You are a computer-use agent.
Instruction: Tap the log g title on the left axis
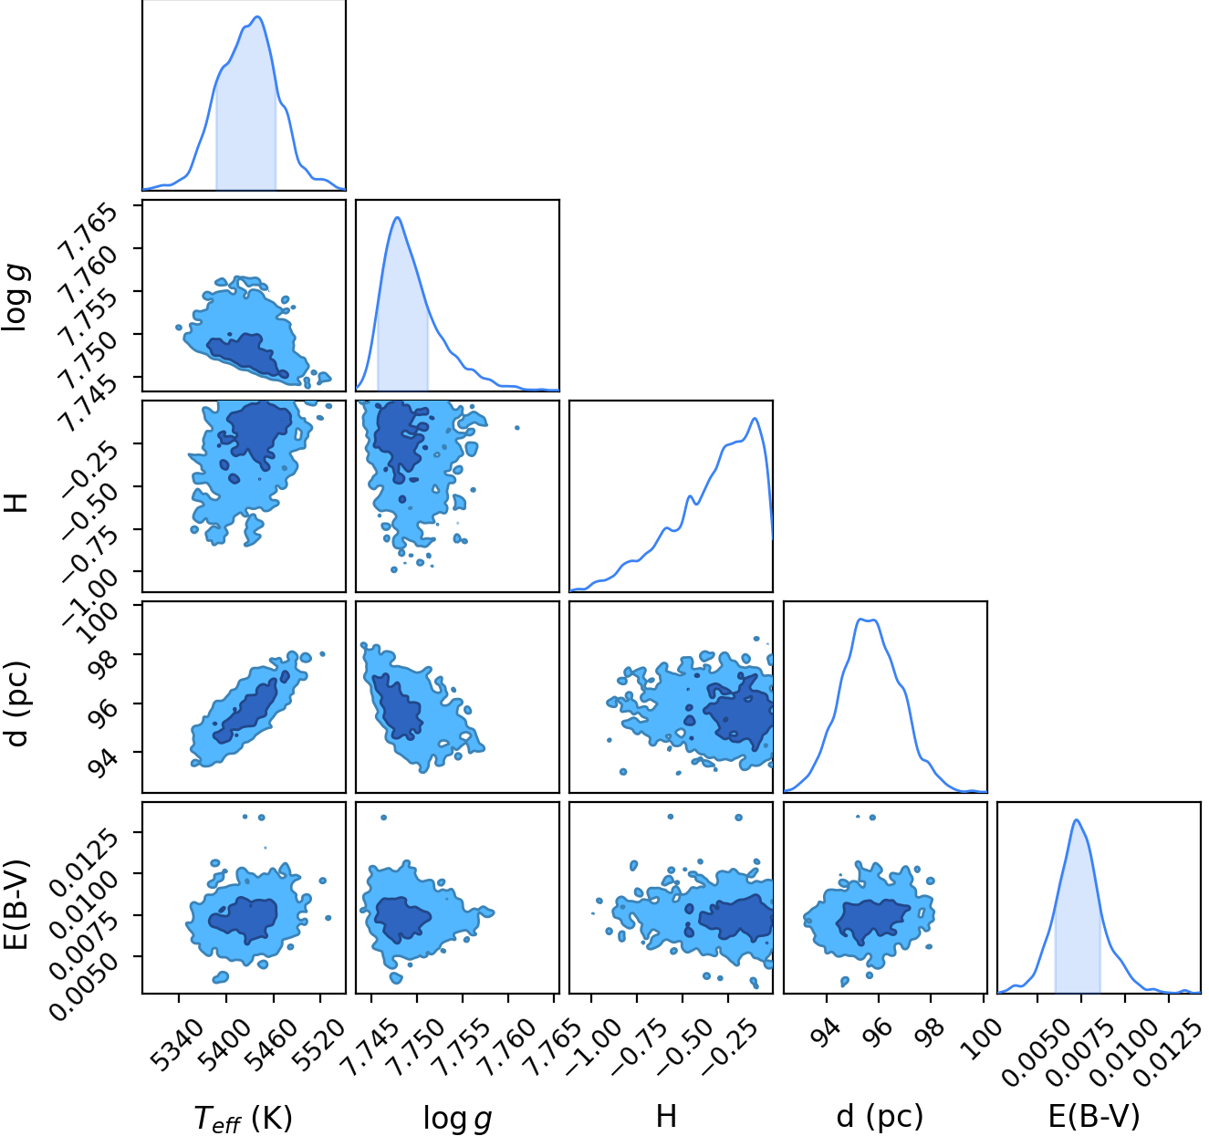point(16,297)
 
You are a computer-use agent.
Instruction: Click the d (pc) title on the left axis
point(16,703)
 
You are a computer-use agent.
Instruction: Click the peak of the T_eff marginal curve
point(257,16)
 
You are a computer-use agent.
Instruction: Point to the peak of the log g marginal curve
point(398,217)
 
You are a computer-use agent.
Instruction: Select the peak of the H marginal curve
point(755,418)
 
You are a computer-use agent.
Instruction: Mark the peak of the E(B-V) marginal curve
point(1077,820)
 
